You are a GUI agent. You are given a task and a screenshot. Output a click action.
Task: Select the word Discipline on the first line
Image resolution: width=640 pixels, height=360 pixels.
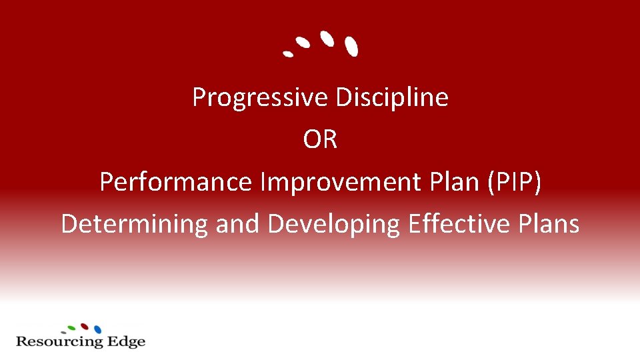point(391,97)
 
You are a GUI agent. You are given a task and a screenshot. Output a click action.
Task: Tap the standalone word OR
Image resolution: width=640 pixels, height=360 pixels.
point(320,140)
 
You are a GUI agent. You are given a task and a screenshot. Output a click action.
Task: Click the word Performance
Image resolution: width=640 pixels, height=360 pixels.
point(176,182)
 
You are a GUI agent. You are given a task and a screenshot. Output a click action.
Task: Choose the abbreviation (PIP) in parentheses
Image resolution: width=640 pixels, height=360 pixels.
point(514,182)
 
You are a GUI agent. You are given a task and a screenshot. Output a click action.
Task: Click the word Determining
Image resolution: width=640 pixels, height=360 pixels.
point(135,224)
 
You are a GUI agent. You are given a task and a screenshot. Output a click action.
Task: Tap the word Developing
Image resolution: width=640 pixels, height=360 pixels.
point(333,224)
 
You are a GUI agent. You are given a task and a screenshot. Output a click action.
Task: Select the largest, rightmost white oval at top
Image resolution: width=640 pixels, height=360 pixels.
point(351,46)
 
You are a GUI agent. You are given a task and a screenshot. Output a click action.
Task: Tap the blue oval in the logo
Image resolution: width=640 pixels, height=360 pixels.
point(97,329)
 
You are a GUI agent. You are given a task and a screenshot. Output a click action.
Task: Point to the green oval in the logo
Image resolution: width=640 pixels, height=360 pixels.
point(72,328)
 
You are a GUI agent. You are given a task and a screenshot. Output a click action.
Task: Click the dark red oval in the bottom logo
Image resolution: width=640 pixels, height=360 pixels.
point(85,327)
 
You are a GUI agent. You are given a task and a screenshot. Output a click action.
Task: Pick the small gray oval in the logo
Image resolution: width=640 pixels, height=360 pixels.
point(63,332)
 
